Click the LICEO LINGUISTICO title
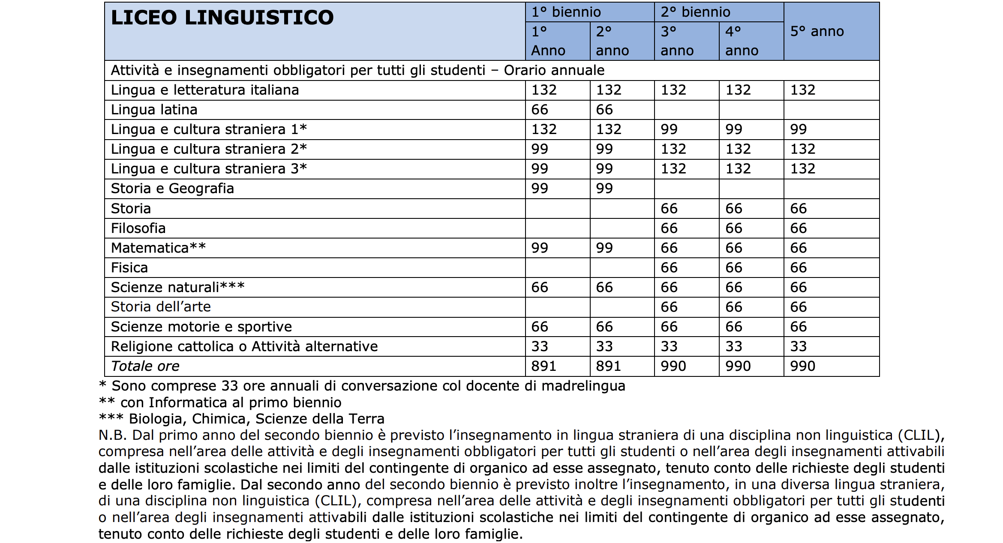point(222,18)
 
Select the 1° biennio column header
point(566,12)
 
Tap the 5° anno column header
point(817,31)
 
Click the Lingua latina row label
point(154,110)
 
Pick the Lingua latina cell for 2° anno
point(604,110)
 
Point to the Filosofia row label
point(138,228)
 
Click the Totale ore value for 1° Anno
point(544,366)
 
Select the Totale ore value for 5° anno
point(802,366)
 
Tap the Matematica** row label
point(158,248)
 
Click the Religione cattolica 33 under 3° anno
point(669,346)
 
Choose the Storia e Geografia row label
point(172,188)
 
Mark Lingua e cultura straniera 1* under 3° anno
point(669,129)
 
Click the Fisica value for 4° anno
point(733,268)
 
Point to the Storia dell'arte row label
point(161,307)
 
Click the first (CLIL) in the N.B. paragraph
point(919,435)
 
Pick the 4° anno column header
point(742,41)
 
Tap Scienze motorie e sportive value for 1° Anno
point(539,327)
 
